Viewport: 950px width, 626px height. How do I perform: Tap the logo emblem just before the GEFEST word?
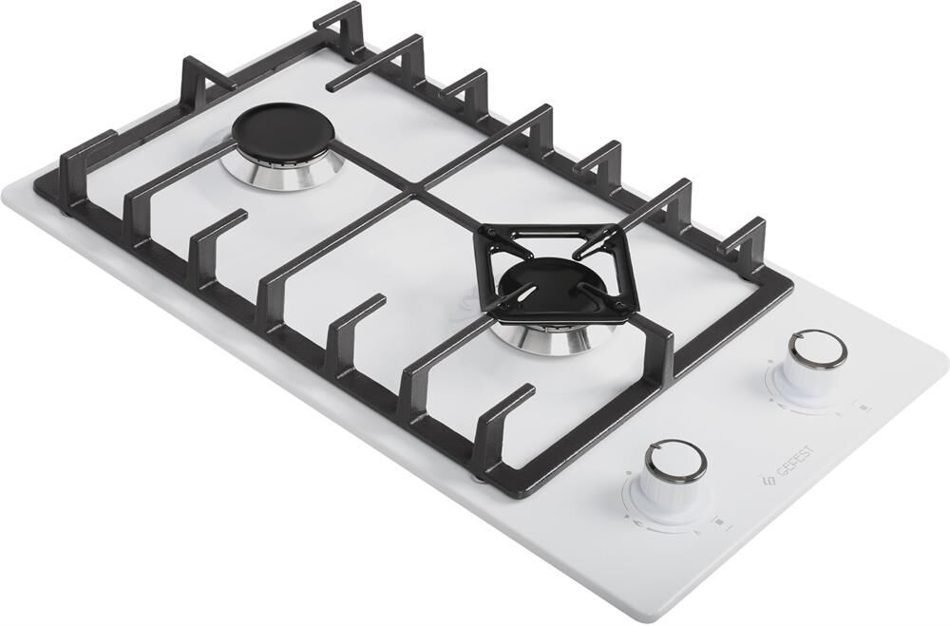coord(765,482)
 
